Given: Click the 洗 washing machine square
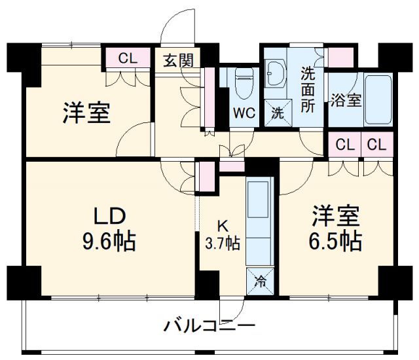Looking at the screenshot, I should tap(278, 112).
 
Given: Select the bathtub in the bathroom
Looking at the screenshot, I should tap(378, 99).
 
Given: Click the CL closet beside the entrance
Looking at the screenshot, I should tap(128, 58).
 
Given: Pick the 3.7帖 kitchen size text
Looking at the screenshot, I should tap(223, 244).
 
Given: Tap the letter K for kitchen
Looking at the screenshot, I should tap(223, 226).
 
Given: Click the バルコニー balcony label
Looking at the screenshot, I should tap(209, 325).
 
